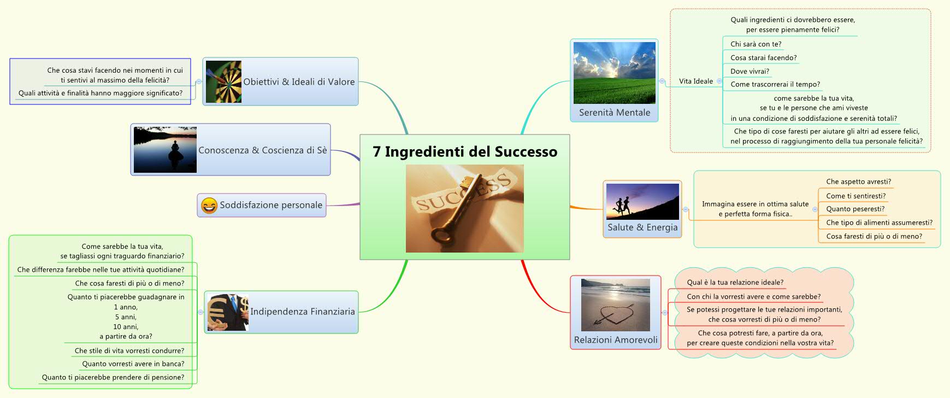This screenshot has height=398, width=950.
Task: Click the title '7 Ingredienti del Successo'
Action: click(465, 152)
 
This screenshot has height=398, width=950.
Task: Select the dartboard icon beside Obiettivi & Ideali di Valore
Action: click(224, 82)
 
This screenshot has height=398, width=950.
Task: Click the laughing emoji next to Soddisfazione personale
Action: click(209, 206)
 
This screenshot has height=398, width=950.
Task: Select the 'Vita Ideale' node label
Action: click(695, 81)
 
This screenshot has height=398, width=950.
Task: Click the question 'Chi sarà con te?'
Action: click(756, 44)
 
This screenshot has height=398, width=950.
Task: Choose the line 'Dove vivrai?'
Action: click(750, 71)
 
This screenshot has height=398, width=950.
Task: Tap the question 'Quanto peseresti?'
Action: click(855, 209)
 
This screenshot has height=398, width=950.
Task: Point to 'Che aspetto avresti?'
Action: click(858, 182)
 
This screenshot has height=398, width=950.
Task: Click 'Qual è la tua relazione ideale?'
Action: click(735, 283)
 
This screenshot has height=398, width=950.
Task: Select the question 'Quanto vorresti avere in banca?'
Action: click(133, 364)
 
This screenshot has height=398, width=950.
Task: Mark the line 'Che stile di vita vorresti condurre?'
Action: click(129, 350)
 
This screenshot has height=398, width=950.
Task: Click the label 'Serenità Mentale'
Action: click(615, 113)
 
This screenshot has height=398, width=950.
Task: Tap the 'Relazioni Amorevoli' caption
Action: click(616, 340)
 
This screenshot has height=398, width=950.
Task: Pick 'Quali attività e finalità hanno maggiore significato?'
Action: click(101, 93)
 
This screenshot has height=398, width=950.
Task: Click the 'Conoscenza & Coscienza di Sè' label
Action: click(262, 150)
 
